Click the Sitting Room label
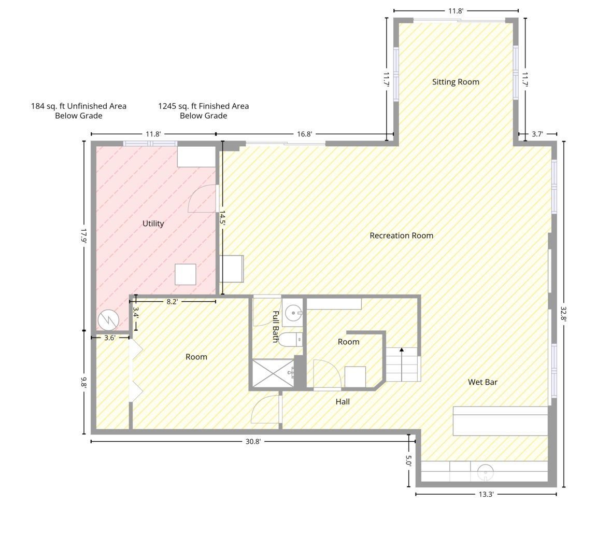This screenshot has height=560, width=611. point(456,82)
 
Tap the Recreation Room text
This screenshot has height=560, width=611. point(401,235)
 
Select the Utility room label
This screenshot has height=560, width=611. point(153,223)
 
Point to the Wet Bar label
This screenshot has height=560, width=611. point(482,382)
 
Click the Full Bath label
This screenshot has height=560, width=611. point(276,326)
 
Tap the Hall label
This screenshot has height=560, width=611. point(343,402)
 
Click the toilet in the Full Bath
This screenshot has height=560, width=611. point(291,340)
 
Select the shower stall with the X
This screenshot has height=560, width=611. point(273,373)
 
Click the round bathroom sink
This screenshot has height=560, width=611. point(292,312)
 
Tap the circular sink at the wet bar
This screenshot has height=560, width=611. point(485,472)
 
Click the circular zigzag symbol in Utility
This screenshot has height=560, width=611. point(108,320)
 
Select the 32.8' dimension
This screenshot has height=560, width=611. point(563,313)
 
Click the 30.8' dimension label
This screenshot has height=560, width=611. point(253,441)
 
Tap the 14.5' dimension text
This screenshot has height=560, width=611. point(222,218)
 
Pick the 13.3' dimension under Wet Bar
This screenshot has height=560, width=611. point(486,495)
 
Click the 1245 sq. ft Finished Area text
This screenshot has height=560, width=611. point(203,111)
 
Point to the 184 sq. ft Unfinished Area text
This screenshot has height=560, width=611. point(79,111)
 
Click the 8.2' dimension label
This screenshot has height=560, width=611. point(172,302)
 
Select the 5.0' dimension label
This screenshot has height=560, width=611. point(408,460)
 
